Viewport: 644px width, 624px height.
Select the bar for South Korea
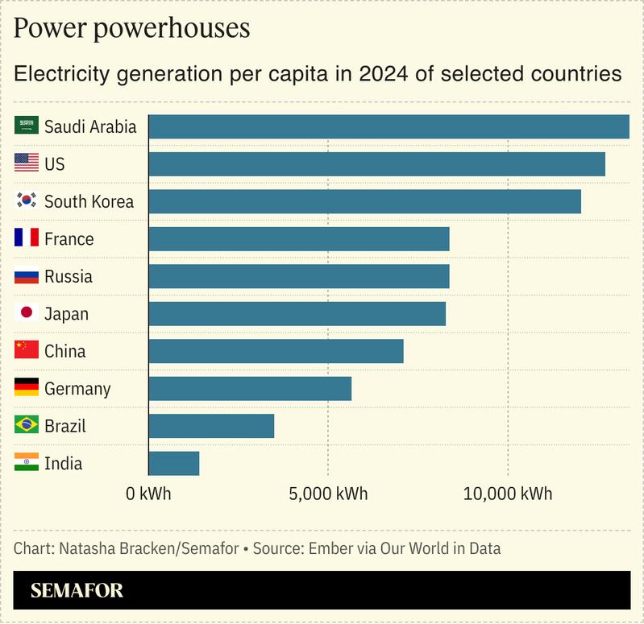(364, 201)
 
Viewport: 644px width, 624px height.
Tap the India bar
(174, 463)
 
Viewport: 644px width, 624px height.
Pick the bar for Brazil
(211, 426)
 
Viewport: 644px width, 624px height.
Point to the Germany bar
(250, 388)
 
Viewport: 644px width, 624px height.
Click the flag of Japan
(27, 313)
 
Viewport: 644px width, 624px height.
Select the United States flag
(27, 163)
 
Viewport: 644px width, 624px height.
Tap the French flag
(27, 238)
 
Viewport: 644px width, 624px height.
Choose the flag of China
(27, 350)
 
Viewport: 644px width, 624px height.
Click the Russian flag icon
(27, 276)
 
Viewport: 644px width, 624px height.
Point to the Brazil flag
(27, 425)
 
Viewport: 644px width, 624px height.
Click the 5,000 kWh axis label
(329, 494)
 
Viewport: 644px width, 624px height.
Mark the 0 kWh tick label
(149, 494)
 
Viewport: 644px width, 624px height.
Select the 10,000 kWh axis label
(508, 494)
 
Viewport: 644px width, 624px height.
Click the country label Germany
(77, 389)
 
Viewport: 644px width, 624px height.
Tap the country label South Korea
(89, 201)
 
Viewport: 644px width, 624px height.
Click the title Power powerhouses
(132, 29)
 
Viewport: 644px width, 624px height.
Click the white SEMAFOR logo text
(77, 591)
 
